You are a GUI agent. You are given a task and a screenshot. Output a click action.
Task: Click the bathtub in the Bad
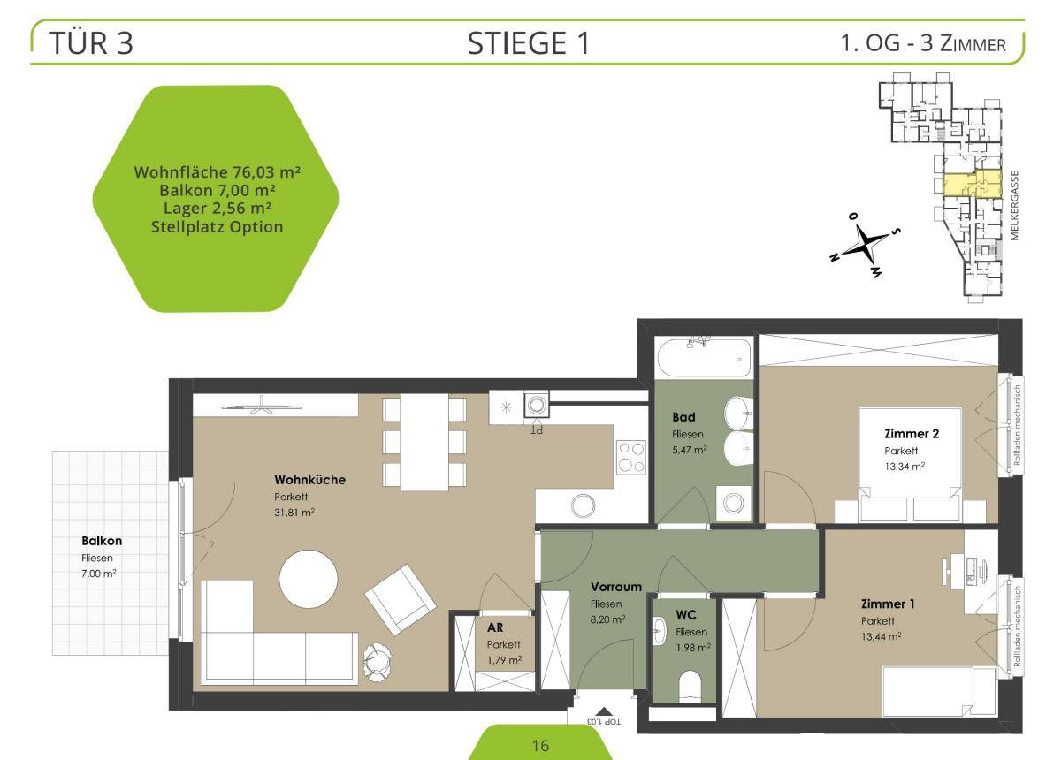click(704, 357)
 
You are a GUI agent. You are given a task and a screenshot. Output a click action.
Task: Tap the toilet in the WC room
click(690, 686)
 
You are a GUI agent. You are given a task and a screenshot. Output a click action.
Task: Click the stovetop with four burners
click(631, 457)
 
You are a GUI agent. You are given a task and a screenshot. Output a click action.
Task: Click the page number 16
click(540, 746)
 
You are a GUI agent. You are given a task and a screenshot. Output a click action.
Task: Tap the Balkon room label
click(102, 541)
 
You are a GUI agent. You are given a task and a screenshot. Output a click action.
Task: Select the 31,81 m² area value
click(294, 513)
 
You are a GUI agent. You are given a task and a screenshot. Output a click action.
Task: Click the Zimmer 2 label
click(912, 433)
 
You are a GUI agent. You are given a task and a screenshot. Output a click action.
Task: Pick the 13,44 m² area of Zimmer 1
click(881, 637)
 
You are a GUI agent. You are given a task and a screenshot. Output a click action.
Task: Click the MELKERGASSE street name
click(1014, 206)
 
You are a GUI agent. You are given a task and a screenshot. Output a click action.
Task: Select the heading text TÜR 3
click(91, 43)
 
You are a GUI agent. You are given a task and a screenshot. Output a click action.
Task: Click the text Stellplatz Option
click(217, 227)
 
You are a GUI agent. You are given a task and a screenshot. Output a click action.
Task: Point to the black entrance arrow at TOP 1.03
click(603, 711)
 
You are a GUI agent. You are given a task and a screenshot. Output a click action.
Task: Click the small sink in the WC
click(660, 630)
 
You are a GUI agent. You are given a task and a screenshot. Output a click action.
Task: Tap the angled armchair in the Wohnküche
click(401, 599)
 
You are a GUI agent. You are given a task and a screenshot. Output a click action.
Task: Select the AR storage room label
click(495, 627)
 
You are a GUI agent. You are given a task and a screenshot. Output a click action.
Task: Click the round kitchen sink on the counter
click(583, 505)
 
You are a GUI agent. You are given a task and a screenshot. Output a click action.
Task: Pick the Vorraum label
click(615, 587)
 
